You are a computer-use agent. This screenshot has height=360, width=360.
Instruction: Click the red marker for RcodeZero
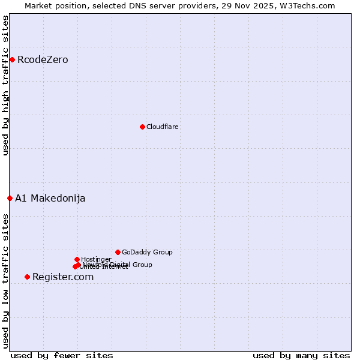(x=12, y=59)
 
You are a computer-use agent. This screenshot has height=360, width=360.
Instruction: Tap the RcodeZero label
(x=43, y=60)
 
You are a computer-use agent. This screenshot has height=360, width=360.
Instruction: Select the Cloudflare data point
(x=142, y=127)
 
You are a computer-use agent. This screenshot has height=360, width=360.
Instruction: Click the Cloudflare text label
(x=163, y=127)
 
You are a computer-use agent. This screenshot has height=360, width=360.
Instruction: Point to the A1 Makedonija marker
(x=10, y=198)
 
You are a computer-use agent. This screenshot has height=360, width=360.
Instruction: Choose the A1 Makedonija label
(x=50, y=199)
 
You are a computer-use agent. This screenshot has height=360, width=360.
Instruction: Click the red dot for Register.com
(x=27, y=277)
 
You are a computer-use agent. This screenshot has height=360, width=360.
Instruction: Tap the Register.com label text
(x=63, y=277)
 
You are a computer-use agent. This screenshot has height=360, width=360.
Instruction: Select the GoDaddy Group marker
(x=118, y=252)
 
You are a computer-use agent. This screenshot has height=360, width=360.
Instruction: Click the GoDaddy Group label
(x=147, y=253)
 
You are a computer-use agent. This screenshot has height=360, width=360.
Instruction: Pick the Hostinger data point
(x=77, y=259)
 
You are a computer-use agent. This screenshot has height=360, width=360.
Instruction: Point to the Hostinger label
(x=96, y=260)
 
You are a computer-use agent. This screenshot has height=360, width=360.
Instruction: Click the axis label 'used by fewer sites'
(x=62, y=356)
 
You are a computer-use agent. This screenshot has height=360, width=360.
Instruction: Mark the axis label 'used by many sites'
(x=301, y=356)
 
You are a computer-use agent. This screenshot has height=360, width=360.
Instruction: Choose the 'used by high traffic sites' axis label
(x=6, y=85)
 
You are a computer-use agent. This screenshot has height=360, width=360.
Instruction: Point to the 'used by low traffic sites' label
(x=6, y=281)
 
